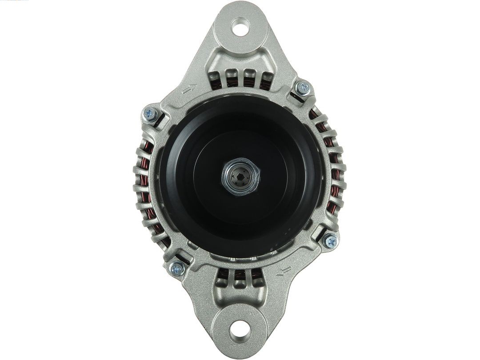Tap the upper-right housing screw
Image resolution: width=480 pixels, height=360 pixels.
pyautogui.click(x=304, y=88)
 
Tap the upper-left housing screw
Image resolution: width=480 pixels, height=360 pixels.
pyautogui.click(x=150, y=115)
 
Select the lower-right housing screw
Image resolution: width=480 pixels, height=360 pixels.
pyautogui.click(x=330, y=241)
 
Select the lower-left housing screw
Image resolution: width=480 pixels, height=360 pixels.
pyautogui.click(x=176, y=268)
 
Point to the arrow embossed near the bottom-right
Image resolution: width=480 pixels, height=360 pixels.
pyautogui.click(x=284, y=271)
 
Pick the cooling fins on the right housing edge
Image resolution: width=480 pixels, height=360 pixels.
pyautogui.click(x=340, y=178)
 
